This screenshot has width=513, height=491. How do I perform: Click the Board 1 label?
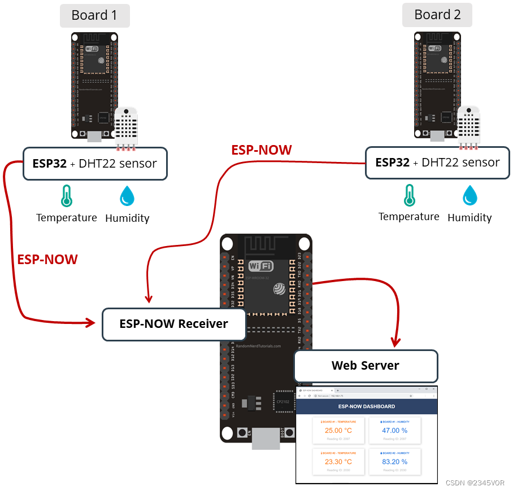tap(94, 15)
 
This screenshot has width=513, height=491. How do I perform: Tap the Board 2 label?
tap(437, 15)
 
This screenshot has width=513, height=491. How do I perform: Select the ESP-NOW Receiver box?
tap(173, 324)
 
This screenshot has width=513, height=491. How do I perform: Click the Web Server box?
tap(366, 366)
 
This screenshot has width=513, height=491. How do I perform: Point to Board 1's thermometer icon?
tap(67, 195)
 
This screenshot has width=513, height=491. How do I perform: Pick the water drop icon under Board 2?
tap(469, 195)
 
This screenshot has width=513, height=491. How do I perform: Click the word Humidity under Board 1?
tap(127, 218)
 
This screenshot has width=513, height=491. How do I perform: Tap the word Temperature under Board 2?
tap(408, 217)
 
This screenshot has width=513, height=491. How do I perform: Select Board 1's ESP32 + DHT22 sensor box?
tap(95, 164)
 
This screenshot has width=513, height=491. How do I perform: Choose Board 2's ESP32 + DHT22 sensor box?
tap(437, 163)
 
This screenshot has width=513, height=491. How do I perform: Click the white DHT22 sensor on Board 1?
tap(126, 128)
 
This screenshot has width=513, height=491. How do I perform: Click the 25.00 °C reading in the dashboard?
tap(338, 431)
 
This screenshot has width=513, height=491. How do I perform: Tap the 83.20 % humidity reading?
tap(394, 462)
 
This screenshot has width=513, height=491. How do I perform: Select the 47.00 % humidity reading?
tap(394, 431)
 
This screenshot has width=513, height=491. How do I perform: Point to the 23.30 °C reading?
tap(338, 462)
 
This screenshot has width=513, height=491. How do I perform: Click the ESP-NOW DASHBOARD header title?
tap(366, 406)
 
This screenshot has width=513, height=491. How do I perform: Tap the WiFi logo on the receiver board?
tap(260, 266)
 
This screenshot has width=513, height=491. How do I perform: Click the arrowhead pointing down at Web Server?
tap(395, 342)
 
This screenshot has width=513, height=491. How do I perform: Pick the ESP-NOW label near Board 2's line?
tap(262, 150)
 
